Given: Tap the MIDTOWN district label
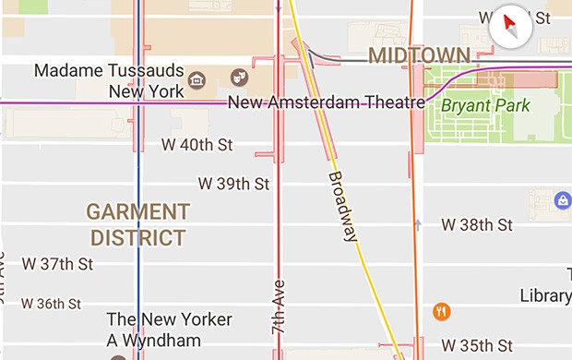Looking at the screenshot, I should pos(419,55).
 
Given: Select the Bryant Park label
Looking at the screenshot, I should pos(485,105).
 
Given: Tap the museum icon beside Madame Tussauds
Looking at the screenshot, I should pos(196,80).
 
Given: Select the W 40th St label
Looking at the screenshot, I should pos(197,145).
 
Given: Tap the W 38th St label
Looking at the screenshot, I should pos(476,224).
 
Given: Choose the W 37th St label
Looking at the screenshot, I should pos(58,264).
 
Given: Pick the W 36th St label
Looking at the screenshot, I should pos(51,303).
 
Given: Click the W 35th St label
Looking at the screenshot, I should pos(476,346).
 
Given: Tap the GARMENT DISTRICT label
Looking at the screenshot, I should pos(138,224).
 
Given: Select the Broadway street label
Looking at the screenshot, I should pos(342,205).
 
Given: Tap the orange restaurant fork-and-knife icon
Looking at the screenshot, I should pos(442,311).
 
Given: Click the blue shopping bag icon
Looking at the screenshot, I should pos(561,200).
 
